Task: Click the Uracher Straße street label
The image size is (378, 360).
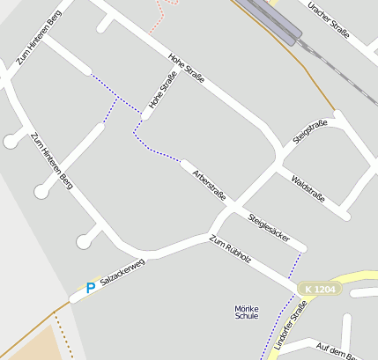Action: tap(328, 19)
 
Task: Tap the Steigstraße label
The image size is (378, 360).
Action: tap(310, 131)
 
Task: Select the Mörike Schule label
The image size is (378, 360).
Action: tap(247, 312)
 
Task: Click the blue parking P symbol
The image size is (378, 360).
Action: tap(90, 287)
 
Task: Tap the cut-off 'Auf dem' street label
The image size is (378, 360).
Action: tap(335, 352)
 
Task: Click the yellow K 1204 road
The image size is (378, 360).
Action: tap(357, 280)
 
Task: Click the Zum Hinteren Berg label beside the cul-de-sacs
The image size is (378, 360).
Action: tap(51, 160)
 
